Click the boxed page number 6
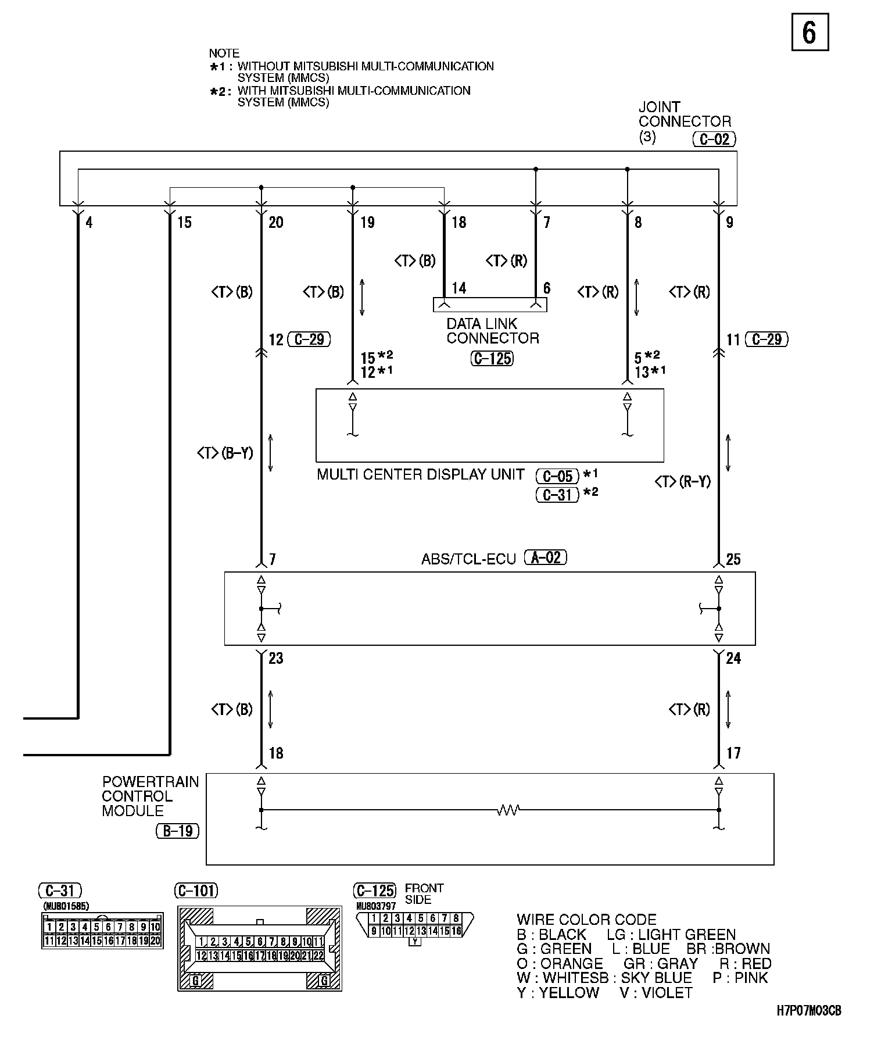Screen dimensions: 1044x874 (x=809, y=33)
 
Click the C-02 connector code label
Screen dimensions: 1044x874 (x=714, y=140)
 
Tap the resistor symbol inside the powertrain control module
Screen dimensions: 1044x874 (x=508, y=810)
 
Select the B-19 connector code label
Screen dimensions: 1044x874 (x=177, y=831)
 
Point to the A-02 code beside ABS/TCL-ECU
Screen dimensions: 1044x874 (x=545, y=558)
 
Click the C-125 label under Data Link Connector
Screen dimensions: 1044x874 (x=492, y=359)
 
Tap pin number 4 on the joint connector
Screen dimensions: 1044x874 (x=89, y=222)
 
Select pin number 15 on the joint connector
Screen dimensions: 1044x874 (x=184, y=222)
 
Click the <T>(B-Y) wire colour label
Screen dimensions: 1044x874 (x=225, y=452)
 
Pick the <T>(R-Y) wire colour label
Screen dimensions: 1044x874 (x=682, y=481)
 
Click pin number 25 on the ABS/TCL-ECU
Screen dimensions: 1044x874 (x=733, y=559)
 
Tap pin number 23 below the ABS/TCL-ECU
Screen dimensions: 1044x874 (x=276, y=658)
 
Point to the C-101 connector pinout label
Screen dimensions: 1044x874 (x=196, y=891)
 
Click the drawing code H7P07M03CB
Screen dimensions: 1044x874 (x=808, y=1011)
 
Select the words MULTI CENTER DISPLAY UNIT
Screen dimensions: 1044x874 (x=421, y=474)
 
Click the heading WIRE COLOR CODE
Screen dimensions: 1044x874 (x=586, y=920)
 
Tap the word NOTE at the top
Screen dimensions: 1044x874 (x=224, y=53)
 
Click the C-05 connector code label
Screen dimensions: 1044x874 (x=557, y=477)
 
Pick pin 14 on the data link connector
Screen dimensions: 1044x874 (x=459, y=288)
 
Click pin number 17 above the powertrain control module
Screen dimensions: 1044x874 (x=734, y=753)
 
